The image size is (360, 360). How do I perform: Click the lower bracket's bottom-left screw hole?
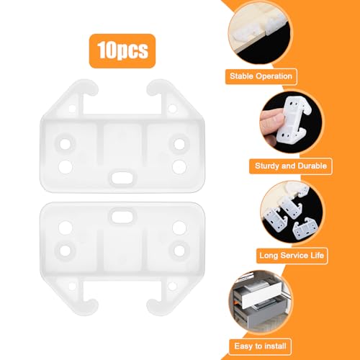pyautogui.click(x=66, y=251)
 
